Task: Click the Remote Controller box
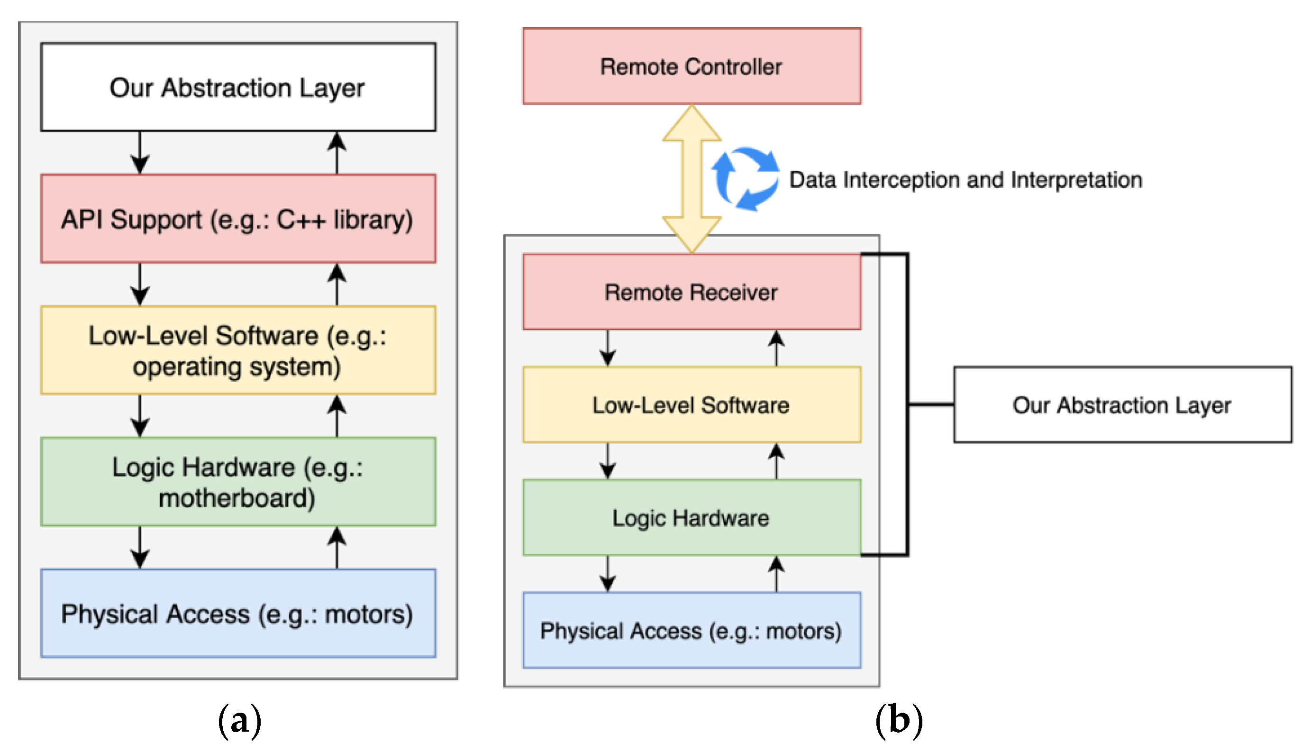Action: [x=692, y=66]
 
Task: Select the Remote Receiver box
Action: [x=692, y=292]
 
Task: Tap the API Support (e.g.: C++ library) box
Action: [x=238, y=219]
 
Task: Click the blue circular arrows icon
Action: [x=745, y=178]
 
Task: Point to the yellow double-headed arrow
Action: [x=692, y=178]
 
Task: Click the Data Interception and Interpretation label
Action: [x=965, y=180]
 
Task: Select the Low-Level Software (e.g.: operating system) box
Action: [x=238, y=350]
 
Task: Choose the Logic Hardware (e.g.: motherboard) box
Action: [x=238, y=482]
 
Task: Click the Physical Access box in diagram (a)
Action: [x=238, y=614]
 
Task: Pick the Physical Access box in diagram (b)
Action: [x=692, y=631]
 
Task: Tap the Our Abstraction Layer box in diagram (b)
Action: [x=1122, y=405]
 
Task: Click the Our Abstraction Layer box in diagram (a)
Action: [x=238, y=87]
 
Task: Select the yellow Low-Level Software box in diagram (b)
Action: [x=692, y=405]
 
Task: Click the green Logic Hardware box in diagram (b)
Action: [x=692, y=518]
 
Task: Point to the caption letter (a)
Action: [x=239, y=720]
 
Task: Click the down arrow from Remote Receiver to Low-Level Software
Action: [x=608, y=348]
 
